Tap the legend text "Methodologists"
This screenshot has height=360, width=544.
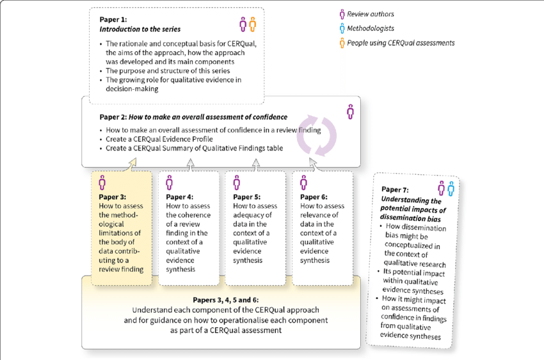click(x=371, y=28)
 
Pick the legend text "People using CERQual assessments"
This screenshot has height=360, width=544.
click(x=401, y=43)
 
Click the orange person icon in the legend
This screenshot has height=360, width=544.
click(x=342, y=43)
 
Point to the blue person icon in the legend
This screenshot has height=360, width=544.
click(x=342, y=28)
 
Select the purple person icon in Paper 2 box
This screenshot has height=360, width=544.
click(x=350, y=111)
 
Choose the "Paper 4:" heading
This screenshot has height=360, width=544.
click(x=179, y=197)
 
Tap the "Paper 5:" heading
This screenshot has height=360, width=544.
click(x=246, y=197)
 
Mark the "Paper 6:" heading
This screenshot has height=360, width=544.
click(x=314, y=197)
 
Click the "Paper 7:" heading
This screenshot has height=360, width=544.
click(x=395, y=190)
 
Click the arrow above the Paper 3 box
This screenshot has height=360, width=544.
click(x=132, y=165)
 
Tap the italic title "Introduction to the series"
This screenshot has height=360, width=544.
click(x=140, y=29)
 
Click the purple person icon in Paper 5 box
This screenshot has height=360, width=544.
click(x=237, y=183)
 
